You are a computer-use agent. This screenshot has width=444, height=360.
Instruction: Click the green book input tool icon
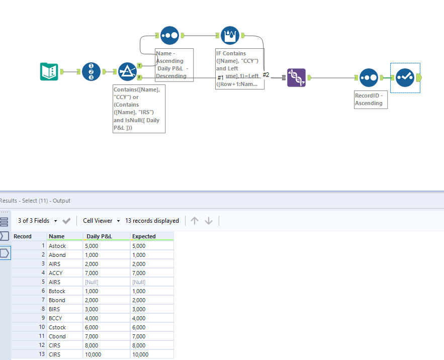point(49,72)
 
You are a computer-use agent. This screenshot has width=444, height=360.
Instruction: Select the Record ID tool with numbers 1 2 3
point(91,72)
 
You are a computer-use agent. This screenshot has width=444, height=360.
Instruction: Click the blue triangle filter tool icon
point(127,72)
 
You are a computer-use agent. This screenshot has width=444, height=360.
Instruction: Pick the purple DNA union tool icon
point(296,77)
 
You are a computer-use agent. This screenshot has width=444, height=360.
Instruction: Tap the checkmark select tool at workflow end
point(405,77)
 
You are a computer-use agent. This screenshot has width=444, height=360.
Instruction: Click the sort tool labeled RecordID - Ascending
point(369,77)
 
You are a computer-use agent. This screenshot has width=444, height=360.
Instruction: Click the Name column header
point(57,236)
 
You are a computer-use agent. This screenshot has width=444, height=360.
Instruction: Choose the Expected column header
point(144,236)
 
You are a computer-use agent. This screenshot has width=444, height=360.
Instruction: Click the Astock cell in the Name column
point(57,246)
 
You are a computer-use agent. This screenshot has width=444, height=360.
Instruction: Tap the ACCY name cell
point(56,273)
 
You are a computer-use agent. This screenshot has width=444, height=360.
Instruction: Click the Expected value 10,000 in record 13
point(140,354)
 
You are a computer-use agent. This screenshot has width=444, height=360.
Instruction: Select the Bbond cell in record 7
point(57,300)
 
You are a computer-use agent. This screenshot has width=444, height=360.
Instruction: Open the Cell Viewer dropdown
point(102,221)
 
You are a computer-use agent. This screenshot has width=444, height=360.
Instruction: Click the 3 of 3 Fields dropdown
point(38,221)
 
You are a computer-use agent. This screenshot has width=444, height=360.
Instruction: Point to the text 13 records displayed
point(152,221)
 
